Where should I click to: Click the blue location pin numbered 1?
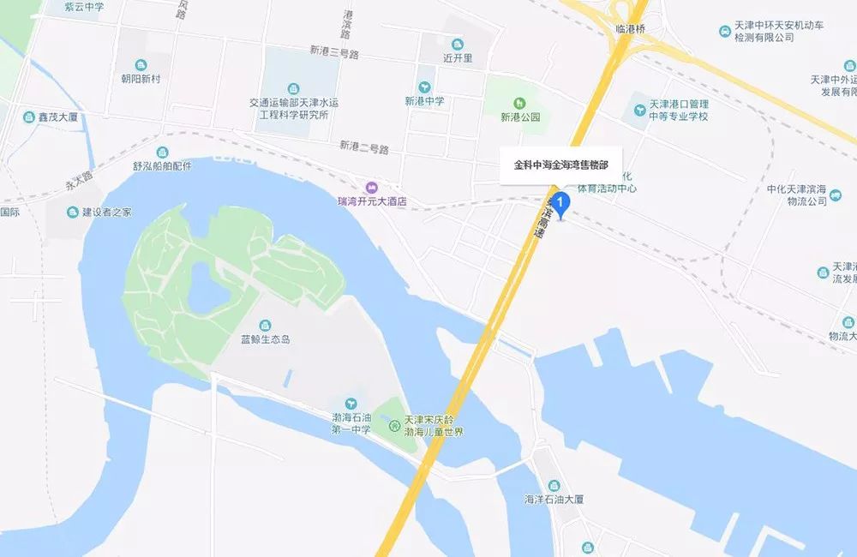561,204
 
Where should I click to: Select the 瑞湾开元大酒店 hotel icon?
370,188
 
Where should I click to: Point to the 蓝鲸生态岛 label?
265,339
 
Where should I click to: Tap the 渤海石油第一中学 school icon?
350,404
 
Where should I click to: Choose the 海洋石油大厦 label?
554,499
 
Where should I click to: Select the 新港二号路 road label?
364,147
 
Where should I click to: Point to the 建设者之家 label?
106,212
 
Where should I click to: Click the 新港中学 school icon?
424,87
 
